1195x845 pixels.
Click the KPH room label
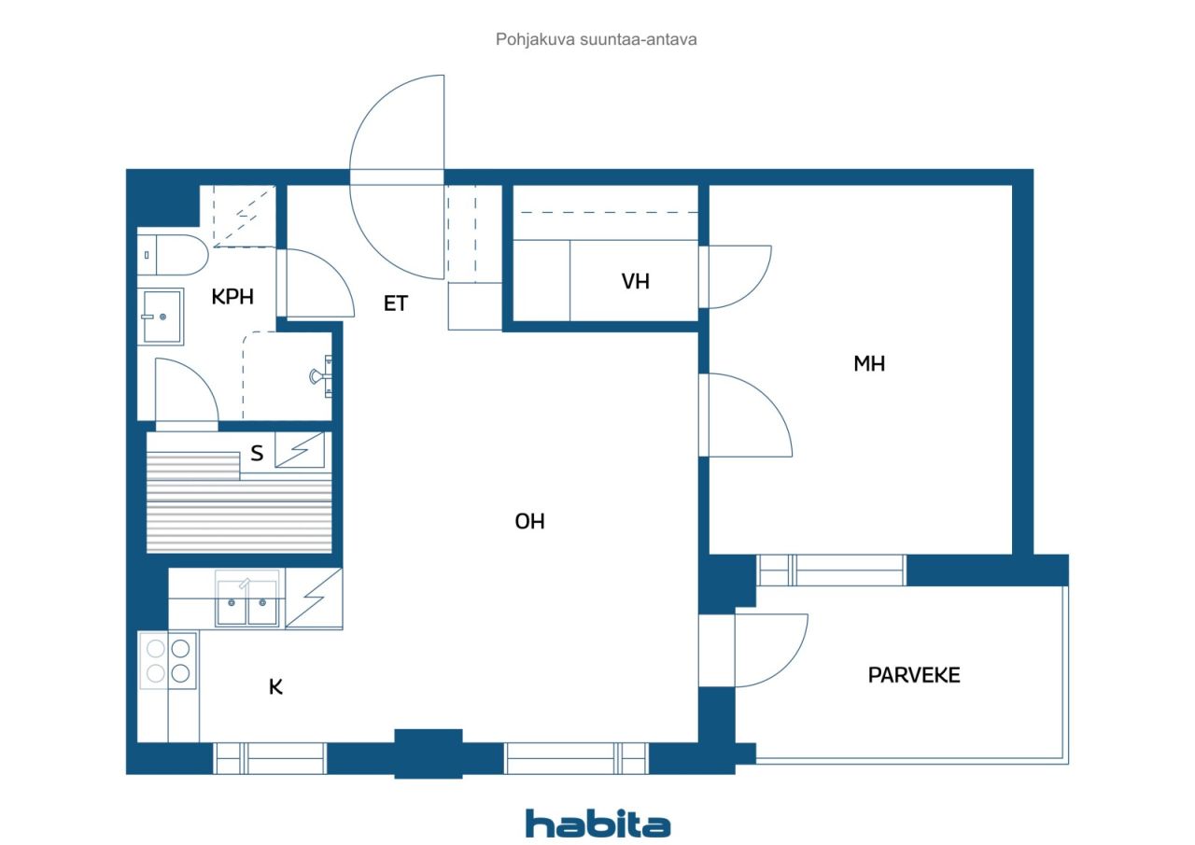click(232, 297)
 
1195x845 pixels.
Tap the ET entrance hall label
click(395, 303)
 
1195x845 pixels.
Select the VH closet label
click(636, 282)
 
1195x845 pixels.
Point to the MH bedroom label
click(869, 364)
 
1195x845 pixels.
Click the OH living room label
click(529, 521)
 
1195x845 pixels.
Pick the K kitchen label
click(275, 687)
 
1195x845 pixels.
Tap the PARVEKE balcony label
click(914, 675)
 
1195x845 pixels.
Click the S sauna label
click(257, 454)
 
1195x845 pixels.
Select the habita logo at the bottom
click(597, 824)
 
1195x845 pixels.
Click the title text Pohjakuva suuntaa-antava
click(596, 39)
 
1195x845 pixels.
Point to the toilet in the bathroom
click(173, 255)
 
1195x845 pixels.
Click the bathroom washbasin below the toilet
click(161, 317)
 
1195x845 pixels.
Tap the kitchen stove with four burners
click(168, 660)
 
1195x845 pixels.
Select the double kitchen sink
click(247, 599)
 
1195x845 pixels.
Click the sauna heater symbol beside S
click(300, 450)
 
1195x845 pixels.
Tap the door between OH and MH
click(745, 415)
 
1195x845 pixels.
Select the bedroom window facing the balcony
click(831, 570)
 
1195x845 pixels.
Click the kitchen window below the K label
click(270, 758)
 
